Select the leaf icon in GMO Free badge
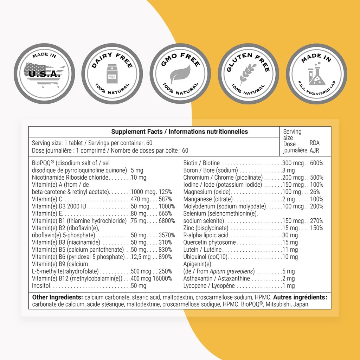point(180,75)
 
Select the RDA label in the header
point(314,143)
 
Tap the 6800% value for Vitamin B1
point(166,221)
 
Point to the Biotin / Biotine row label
point(201,163)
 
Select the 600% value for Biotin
point(316,163)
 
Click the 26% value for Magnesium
point(315,192)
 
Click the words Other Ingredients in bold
point(57,297)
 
